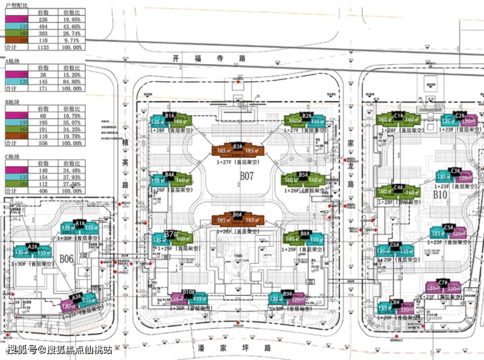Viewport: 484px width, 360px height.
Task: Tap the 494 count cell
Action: click(x=43, y=26)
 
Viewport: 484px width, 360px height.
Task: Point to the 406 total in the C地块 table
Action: click(x=43, y=191)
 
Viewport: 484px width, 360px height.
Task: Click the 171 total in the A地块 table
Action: click(x=43, y=88)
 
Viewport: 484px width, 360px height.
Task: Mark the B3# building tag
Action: click(x=238, y=147)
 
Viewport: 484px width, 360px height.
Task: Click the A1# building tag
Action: click(x=80, y=223)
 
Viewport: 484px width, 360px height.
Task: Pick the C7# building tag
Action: click(x=443, y=283)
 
